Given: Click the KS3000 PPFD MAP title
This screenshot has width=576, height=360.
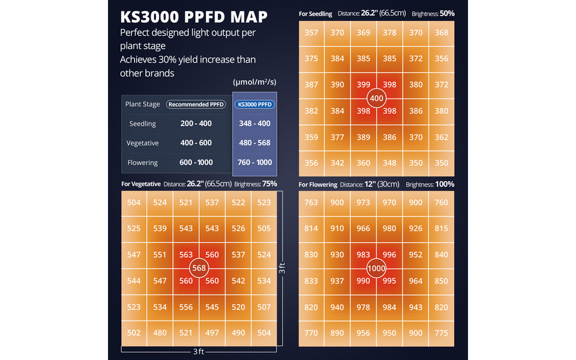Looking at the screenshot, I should point(193,16).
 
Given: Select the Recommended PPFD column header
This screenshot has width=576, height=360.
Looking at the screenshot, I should point(196,104).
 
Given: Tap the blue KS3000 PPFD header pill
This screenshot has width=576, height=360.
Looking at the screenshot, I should point(255,104).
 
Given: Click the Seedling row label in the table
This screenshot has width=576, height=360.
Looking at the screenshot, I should point(143,124).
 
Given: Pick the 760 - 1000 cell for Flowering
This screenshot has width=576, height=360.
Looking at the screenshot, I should point(255,163).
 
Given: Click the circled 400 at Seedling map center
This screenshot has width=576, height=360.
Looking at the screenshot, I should point(377,98).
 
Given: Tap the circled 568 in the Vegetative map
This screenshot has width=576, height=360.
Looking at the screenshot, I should point(199,268).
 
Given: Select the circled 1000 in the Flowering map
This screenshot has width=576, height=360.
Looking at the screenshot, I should point(377,268).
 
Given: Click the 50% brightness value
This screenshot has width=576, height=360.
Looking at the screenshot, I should point(446,13).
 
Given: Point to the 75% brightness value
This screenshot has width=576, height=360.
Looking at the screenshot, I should point(269,184).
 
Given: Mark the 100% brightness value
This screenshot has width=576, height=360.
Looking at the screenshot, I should point(445,184).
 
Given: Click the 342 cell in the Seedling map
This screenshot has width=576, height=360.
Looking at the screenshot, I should point(337,163).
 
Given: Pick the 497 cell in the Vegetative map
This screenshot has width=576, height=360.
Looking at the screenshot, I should point(212,333).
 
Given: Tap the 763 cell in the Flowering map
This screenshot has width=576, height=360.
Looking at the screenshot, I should point(311,203).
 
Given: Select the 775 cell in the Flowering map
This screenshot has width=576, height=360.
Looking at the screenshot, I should point(442,333).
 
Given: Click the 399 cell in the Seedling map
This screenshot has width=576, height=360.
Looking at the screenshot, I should point(364,85).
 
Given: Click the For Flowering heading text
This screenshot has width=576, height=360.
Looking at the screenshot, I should point(318,185).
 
